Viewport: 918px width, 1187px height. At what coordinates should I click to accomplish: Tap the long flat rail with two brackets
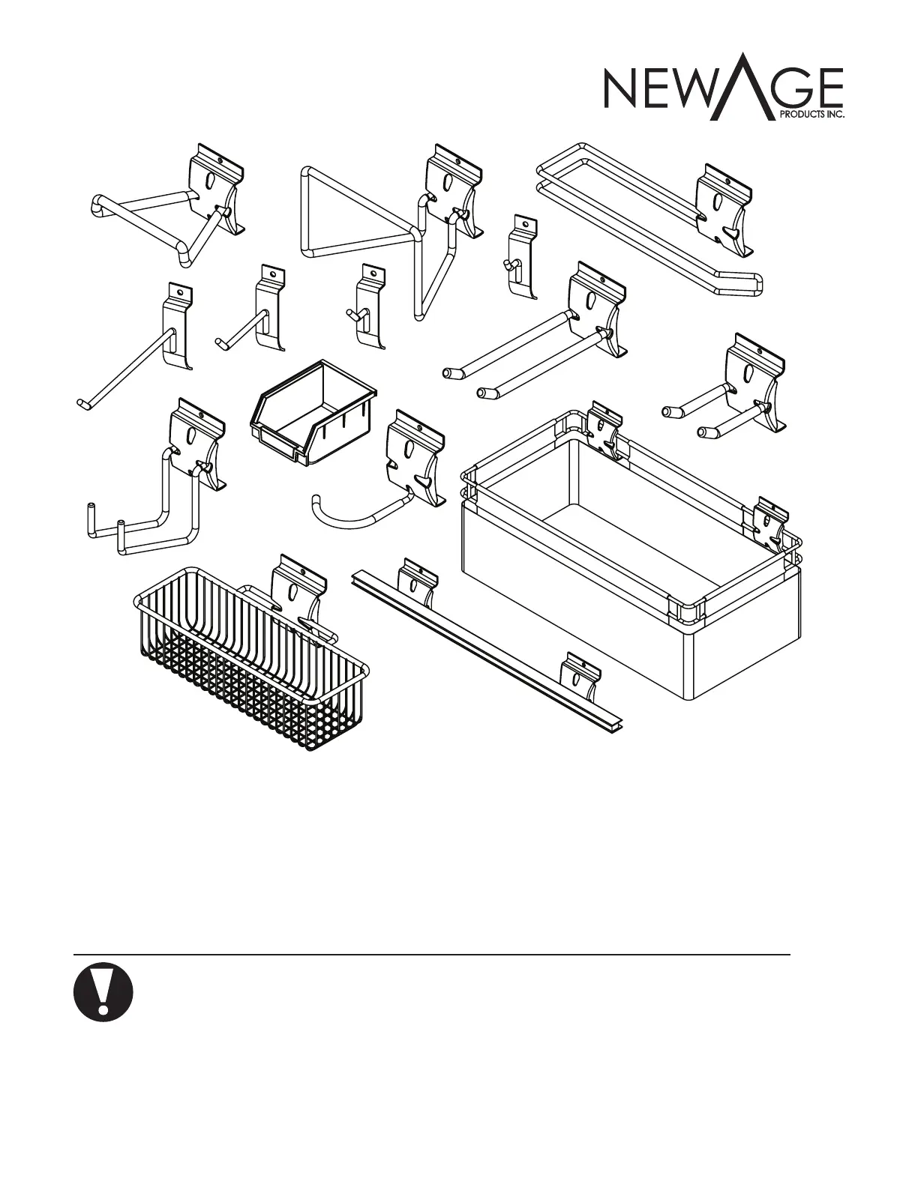click(487, 644)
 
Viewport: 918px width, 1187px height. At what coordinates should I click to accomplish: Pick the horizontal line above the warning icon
click(432, 955)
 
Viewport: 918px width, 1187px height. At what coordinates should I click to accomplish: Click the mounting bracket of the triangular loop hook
click(452, 187)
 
